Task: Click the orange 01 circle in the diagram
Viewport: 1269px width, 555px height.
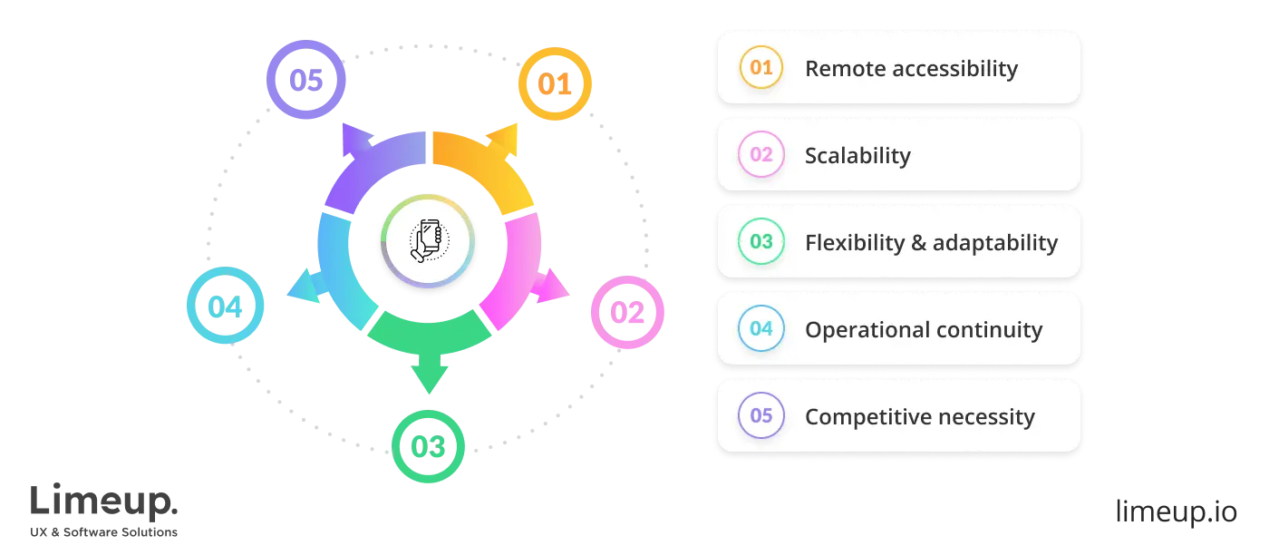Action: click(555, 84)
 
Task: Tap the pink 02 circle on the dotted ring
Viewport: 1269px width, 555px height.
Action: click(626, 313)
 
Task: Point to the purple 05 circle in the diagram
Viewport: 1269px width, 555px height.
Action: click(306, 80)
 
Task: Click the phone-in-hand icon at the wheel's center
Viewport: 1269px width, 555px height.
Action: click(428, 241)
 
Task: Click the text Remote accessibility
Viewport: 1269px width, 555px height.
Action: click(911, 69)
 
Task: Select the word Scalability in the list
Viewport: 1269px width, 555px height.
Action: click(857, 156)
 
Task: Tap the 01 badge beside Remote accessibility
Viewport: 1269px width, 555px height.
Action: click(761, 68)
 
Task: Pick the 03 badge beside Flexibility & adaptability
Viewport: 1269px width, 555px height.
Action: click(761, 242)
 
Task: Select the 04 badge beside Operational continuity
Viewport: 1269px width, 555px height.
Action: click(761, 329)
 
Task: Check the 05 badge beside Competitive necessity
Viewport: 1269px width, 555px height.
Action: click(761, 416)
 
